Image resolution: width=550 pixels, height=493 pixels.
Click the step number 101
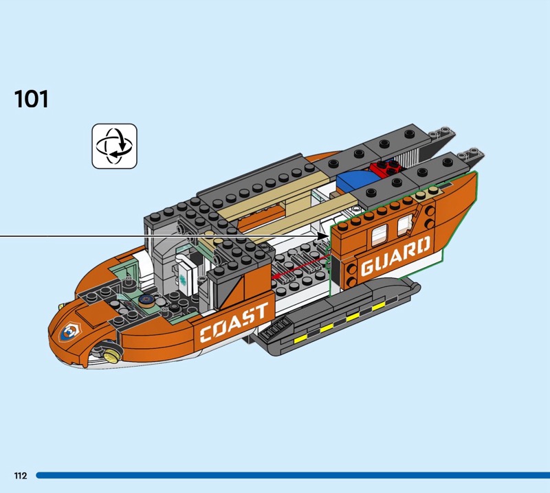[x=32, y=99]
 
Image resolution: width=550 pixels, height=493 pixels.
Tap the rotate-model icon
[x=115, y=146]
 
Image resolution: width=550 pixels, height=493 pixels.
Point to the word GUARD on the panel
[x=395, y=256]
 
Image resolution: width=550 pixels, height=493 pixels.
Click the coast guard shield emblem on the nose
[x=70, y=332]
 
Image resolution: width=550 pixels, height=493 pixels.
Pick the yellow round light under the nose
[x=111, y=354]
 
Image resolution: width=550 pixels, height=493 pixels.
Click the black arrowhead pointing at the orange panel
[x=324, y=236]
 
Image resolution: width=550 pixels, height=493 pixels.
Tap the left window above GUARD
[x=377, y=236]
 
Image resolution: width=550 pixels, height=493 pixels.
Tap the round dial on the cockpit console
[x=146, y=300]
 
